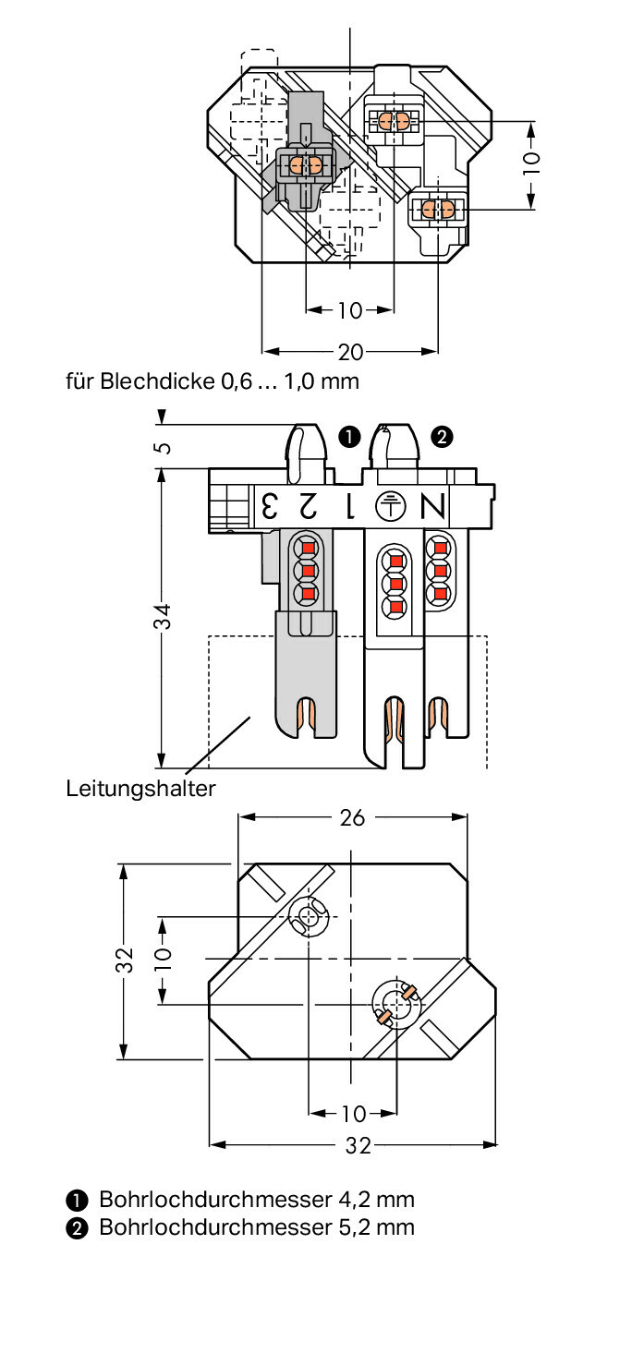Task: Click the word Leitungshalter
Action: pyautogui.click(x=140, y=789)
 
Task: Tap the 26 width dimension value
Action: pyautogui.click(x=352, y=817)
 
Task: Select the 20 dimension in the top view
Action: pyautogui.click(x=350, y=351)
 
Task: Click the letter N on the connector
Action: pyautogui.click(x=433, y=507)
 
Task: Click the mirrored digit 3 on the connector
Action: pyautogui.click(x=269, y=506)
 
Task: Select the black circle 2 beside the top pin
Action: pyautogui.click(x=442, y=438)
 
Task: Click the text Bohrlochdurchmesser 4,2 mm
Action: pyautogui.click(x=256, y=1200)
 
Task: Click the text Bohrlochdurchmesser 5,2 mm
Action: pyautogui.click(x=256, y=1226)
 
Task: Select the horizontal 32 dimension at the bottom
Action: pyautogui.click(x=358, y=1145)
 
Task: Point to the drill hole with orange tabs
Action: pyautogui.click(x=395, y=1004)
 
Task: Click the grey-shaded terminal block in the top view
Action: pyautogui.click(x=305, y=165)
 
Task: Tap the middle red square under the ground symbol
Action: pyautogui.click(x=395, y=584)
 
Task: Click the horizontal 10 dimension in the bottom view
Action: pyautogui.click(x=353, y=1114)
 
